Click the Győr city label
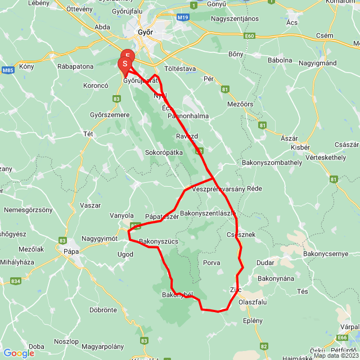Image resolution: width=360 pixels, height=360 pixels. (145, 33)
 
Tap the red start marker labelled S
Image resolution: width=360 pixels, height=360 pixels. (124, 65)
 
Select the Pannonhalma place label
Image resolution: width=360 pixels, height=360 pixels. (188, 116)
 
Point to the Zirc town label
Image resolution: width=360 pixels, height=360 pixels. (236, 290)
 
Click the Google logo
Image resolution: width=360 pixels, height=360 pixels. (19, 353)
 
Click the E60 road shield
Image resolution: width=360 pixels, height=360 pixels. (250, 36)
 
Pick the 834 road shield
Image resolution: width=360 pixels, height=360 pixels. (15, 281)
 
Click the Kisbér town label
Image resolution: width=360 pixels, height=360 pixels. (300, 147)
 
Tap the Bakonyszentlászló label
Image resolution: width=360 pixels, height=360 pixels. (208, 213)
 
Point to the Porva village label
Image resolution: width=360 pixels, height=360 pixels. (211, 263)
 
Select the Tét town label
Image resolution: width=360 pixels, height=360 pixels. (88, 134)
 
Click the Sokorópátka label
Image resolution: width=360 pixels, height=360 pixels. (164, 152)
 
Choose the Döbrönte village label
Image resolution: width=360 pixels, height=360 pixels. (103, 309)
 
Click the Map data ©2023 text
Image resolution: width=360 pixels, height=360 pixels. (336, 355)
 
